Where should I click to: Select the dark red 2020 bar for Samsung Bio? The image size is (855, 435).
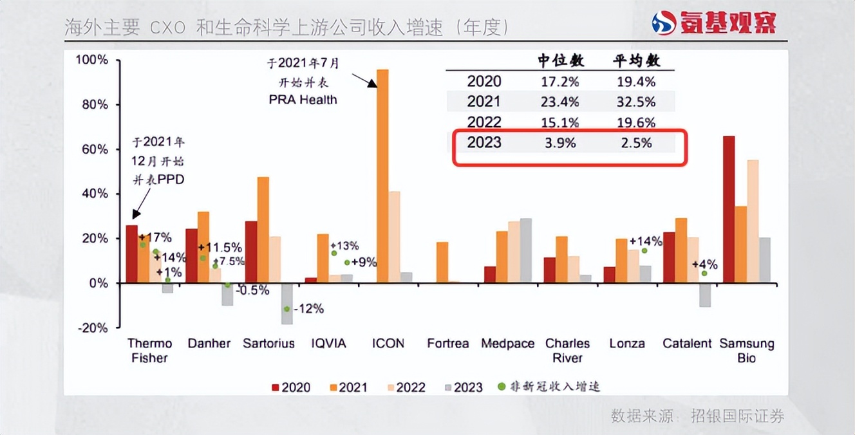729,209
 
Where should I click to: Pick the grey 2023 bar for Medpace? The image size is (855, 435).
526,250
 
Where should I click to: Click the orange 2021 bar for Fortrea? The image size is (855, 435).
442,263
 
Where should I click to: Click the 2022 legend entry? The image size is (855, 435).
404,387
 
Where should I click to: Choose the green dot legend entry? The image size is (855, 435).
549,387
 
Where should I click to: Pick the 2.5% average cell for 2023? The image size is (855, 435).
636,143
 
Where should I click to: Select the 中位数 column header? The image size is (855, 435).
561,61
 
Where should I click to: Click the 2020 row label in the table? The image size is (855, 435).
484,82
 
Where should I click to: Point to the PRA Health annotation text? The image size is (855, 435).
303,100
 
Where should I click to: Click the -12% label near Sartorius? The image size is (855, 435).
308,310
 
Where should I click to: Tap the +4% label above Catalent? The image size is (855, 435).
704,264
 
